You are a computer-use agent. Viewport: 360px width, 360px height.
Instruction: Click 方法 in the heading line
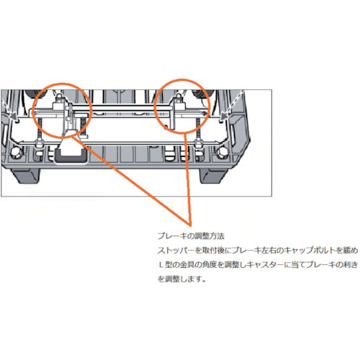[217, 236]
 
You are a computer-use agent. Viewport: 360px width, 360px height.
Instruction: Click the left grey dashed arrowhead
[15, 117]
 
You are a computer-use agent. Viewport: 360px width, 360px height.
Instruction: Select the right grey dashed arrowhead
[225, 117]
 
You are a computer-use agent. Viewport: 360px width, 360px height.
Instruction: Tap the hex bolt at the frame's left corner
[17, 152]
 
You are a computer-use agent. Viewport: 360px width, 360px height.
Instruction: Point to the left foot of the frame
[25, 176]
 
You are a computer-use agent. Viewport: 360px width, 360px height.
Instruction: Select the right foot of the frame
[213, 176]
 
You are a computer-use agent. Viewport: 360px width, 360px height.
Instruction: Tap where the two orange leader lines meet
[191, 225]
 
